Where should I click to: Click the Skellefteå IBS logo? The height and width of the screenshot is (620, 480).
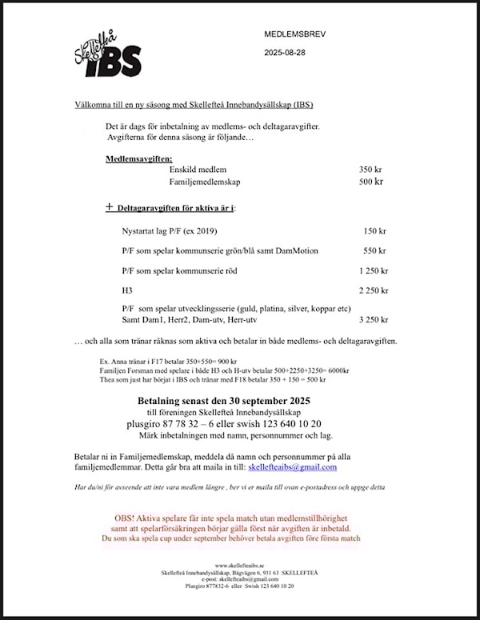click(107, 54)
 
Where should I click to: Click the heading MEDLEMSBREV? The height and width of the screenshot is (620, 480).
click(295, 34)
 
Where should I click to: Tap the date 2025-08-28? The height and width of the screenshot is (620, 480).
click(285, 53)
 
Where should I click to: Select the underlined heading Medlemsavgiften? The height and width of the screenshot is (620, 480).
click(138, 158)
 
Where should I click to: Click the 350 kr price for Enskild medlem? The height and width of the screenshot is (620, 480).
click(371, 170)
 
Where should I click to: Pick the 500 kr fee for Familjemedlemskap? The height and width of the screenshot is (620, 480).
click(371, 182)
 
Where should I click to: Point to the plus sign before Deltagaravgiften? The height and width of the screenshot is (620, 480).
click(110, 206)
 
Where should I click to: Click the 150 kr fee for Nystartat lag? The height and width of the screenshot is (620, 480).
click(374, 231)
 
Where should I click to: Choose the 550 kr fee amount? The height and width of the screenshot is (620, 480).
click(374, 250)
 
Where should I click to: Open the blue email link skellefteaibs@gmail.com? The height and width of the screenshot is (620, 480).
click(292, 467)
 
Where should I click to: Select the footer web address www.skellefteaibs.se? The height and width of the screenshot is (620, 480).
click(239, 566)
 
